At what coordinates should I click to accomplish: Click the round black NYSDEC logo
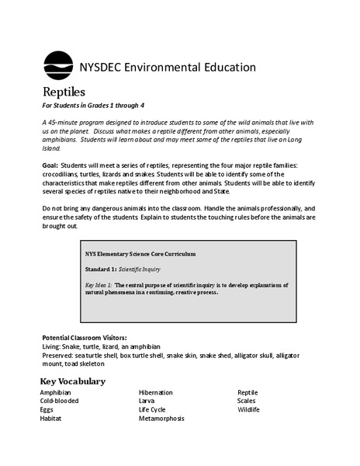tap(58, 65)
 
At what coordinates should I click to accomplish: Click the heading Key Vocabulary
tap(72, 381)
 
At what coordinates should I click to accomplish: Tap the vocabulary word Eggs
tap(49, 410)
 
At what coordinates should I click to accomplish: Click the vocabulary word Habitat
tap(54, 419)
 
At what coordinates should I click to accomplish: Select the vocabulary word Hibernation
tap(156, 393)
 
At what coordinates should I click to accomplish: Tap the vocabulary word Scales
tap(247, 402)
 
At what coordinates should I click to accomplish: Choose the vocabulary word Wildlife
tap(249, 410)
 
